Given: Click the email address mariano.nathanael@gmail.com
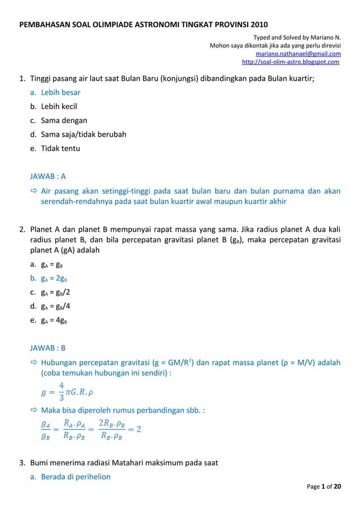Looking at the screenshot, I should tap(298, 54).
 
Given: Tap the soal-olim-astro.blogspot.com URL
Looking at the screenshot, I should tap(290, 62).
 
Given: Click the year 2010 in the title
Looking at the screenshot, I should tap(258, 25).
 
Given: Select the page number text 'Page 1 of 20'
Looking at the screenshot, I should tap(324, 486).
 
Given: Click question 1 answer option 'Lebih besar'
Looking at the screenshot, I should tap(60, 92).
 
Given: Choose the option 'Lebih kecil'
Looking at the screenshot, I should tap(59, 106).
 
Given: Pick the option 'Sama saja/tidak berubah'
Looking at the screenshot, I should tap(83, 134).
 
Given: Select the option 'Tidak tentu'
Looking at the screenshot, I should tap(60, 149).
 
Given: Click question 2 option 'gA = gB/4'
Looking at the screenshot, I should tap(55, 306).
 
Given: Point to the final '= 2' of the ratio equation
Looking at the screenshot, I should tap(135, 429).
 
